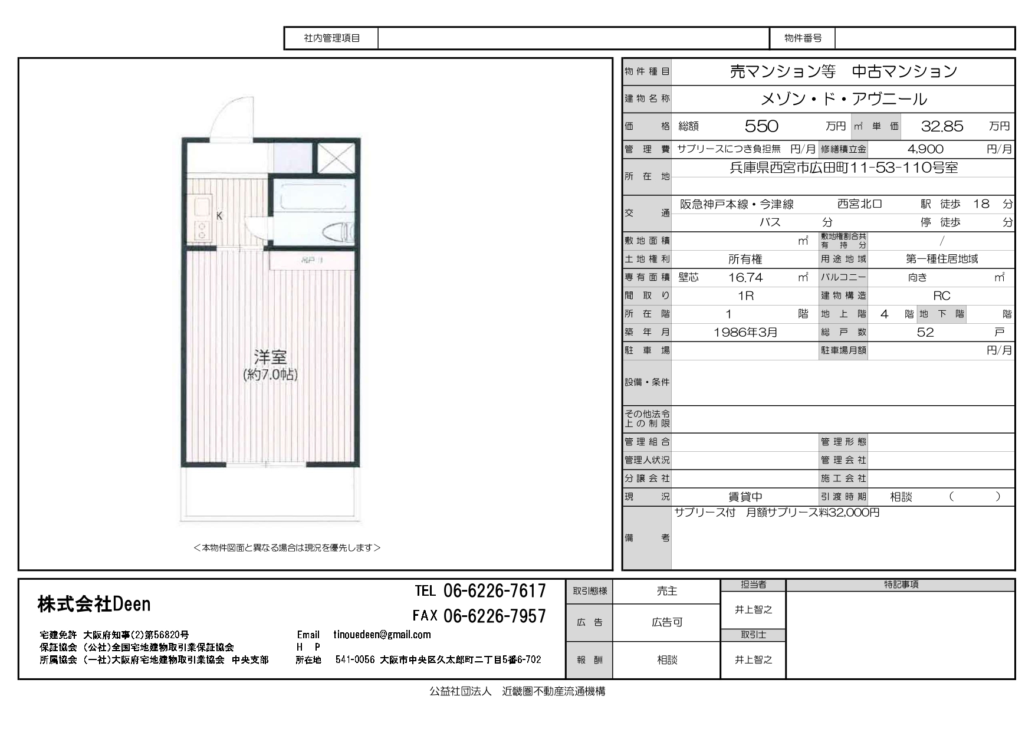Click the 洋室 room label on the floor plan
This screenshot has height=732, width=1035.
[x=270, y=357]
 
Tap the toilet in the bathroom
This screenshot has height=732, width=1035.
[x=339, y=232]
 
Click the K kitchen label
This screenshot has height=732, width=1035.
[x=219, y=216]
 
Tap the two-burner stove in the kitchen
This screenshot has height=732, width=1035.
[x=202, y=230]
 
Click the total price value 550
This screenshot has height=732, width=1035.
[x=761, y=126]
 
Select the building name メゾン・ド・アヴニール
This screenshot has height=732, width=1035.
[x=843, y=99]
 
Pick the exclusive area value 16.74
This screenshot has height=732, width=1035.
[x=745, y=277]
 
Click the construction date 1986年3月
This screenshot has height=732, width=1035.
[x=745, y=332]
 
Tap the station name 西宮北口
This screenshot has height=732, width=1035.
[x=860, y=204]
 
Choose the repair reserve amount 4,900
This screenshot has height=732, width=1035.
[x=925, y=149]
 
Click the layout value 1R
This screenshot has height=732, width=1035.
[x=746, y=296]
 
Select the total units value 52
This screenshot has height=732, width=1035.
[x=925, y=332]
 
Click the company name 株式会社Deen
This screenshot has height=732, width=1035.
[x=94, y=603]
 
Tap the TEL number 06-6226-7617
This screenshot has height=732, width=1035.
[x=495, y=590]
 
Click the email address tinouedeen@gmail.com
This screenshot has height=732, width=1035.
[x=382, y=635]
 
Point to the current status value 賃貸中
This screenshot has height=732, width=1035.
[x=745, y=497]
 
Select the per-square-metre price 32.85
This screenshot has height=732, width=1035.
[x=942, y=126]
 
